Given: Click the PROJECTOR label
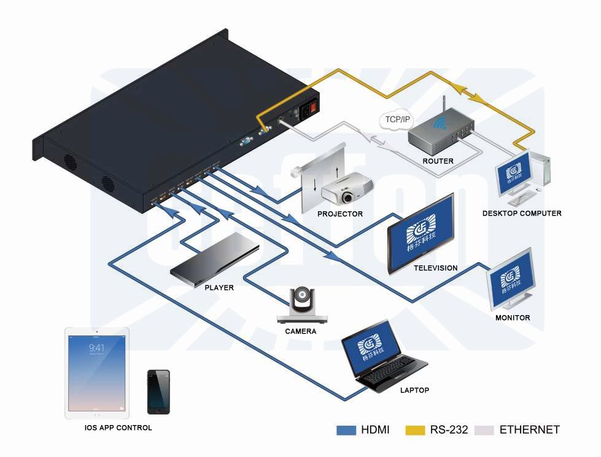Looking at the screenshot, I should click(340, 214).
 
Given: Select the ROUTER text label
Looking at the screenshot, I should click(438, 161).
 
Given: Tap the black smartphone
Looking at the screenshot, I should click(158, 392).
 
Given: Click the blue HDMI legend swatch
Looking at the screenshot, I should click(346, 430).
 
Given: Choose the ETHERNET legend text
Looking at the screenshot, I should click(529, 430).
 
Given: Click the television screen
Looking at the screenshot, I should click(421, 233).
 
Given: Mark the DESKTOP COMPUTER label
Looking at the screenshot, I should click(522, 213).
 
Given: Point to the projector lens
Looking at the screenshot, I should click(347, 198).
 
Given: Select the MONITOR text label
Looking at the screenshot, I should click(513, 318).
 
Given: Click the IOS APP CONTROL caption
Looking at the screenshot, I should click(118, 428).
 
